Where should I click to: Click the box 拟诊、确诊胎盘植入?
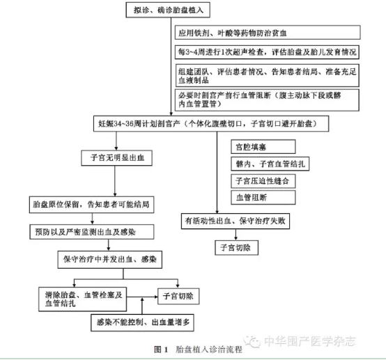tap(168, 10)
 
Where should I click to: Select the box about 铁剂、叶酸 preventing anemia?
tap(268, 33)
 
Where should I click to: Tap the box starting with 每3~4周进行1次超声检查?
tap(267, 52)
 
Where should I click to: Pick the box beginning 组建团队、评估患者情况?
tap(267, 75)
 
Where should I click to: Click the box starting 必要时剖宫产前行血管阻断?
tap(267, 100)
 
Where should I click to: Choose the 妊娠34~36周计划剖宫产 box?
tap(211, 123)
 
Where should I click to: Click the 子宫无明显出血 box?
tap(116, 158)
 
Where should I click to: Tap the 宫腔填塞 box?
tap(263, 147)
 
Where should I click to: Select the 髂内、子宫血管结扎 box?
tap(270, 164)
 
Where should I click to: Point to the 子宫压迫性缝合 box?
tap(263, 181)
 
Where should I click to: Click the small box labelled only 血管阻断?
tap(263, 197)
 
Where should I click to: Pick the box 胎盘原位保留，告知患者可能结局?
tap(91, 205)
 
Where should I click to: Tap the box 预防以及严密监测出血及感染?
tap(92, 232)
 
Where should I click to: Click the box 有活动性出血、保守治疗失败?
tap(236, 221)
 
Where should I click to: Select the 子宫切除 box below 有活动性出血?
tap(237, 248)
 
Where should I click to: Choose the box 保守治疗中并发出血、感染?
tap(110, 260)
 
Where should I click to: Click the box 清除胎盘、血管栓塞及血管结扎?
tap(83, 299)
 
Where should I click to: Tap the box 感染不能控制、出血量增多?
tap(142, 322)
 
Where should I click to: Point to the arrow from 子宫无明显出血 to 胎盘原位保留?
tap(115, 181)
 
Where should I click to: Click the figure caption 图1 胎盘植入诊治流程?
tap(198, 350)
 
